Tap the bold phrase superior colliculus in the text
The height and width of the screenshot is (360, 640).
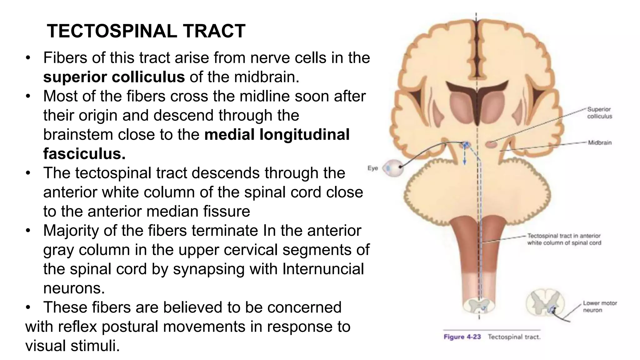[x=114, y=77]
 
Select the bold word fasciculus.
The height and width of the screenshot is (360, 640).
[x=84, y=154]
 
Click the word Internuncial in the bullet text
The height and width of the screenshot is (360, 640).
[x=323, y=269]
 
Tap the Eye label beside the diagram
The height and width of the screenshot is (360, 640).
[x=372, y=168]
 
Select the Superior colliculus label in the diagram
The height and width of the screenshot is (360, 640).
[x=599, y=113]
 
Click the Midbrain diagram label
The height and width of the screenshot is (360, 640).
[x=600, y=143]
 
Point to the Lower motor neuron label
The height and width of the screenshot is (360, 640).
[x=600, y=307]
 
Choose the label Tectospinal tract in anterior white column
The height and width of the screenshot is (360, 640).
[x=564, y=239]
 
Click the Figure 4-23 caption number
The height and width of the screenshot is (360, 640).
[x=462, y=337]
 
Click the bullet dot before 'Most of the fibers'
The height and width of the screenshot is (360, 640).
[x=28, y=96]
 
